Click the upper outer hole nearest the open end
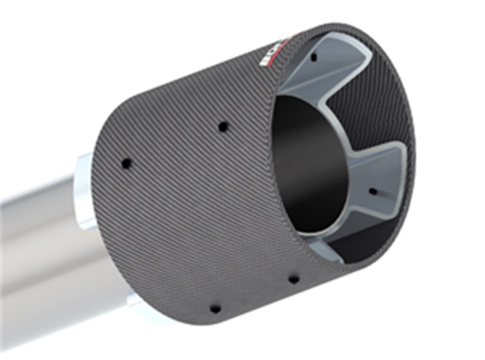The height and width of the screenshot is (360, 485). (x=223, y=127)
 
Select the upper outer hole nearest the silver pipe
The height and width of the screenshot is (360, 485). (x=126, y=163)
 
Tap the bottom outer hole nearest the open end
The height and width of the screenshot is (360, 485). (x=293, y=279)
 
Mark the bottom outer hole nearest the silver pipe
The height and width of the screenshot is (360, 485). (x=215, y=308)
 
